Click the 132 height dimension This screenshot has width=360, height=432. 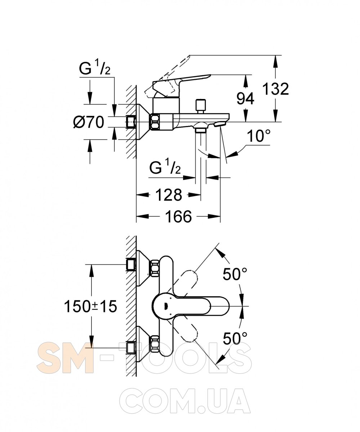275,89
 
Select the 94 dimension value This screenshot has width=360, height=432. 245,99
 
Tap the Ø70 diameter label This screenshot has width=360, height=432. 89,122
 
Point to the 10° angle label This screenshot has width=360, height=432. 258,136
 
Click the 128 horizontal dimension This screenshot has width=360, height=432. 169,195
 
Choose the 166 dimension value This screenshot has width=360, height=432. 178,216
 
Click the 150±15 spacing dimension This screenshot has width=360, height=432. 90,306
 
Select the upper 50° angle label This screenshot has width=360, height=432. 235,274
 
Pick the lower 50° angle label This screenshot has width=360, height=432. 235,338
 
